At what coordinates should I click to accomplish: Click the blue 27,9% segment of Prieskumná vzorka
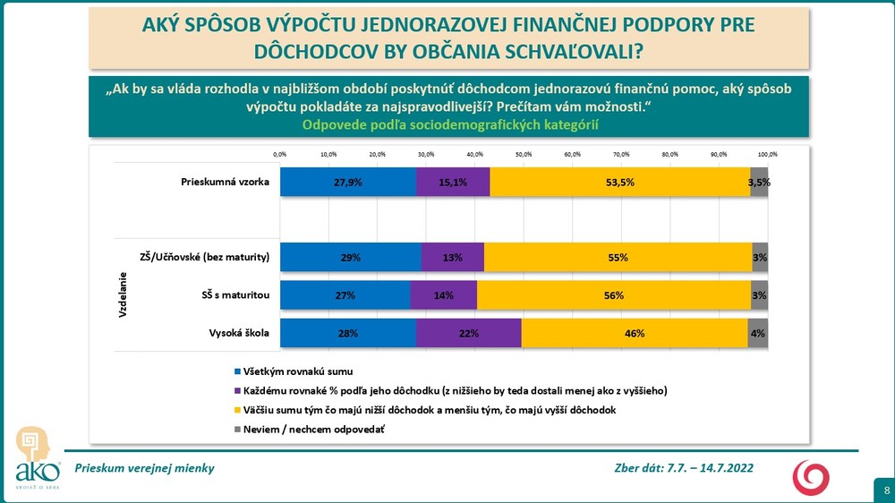(348, 182)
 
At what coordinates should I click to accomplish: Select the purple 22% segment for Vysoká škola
(469, 333)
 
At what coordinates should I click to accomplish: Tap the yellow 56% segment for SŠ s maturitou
(614, 295)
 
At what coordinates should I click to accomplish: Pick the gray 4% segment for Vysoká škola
(758, 333)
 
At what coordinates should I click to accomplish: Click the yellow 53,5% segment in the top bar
(619, 182)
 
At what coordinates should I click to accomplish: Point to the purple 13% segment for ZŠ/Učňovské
(453, 258)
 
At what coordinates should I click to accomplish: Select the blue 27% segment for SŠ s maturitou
(345, 295)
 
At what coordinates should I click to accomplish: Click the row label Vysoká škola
(239, 333)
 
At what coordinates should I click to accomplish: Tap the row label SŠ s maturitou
(235, 295)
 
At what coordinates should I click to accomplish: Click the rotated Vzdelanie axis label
(123, 295)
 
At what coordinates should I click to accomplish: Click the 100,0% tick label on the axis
(767, 154)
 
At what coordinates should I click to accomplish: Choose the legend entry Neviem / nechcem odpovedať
(312, 431)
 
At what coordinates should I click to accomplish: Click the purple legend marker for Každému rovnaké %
(236, 391)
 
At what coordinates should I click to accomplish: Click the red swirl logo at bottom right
(812, 475)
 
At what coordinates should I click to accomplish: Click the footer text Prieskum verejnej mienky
(145, 468)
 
